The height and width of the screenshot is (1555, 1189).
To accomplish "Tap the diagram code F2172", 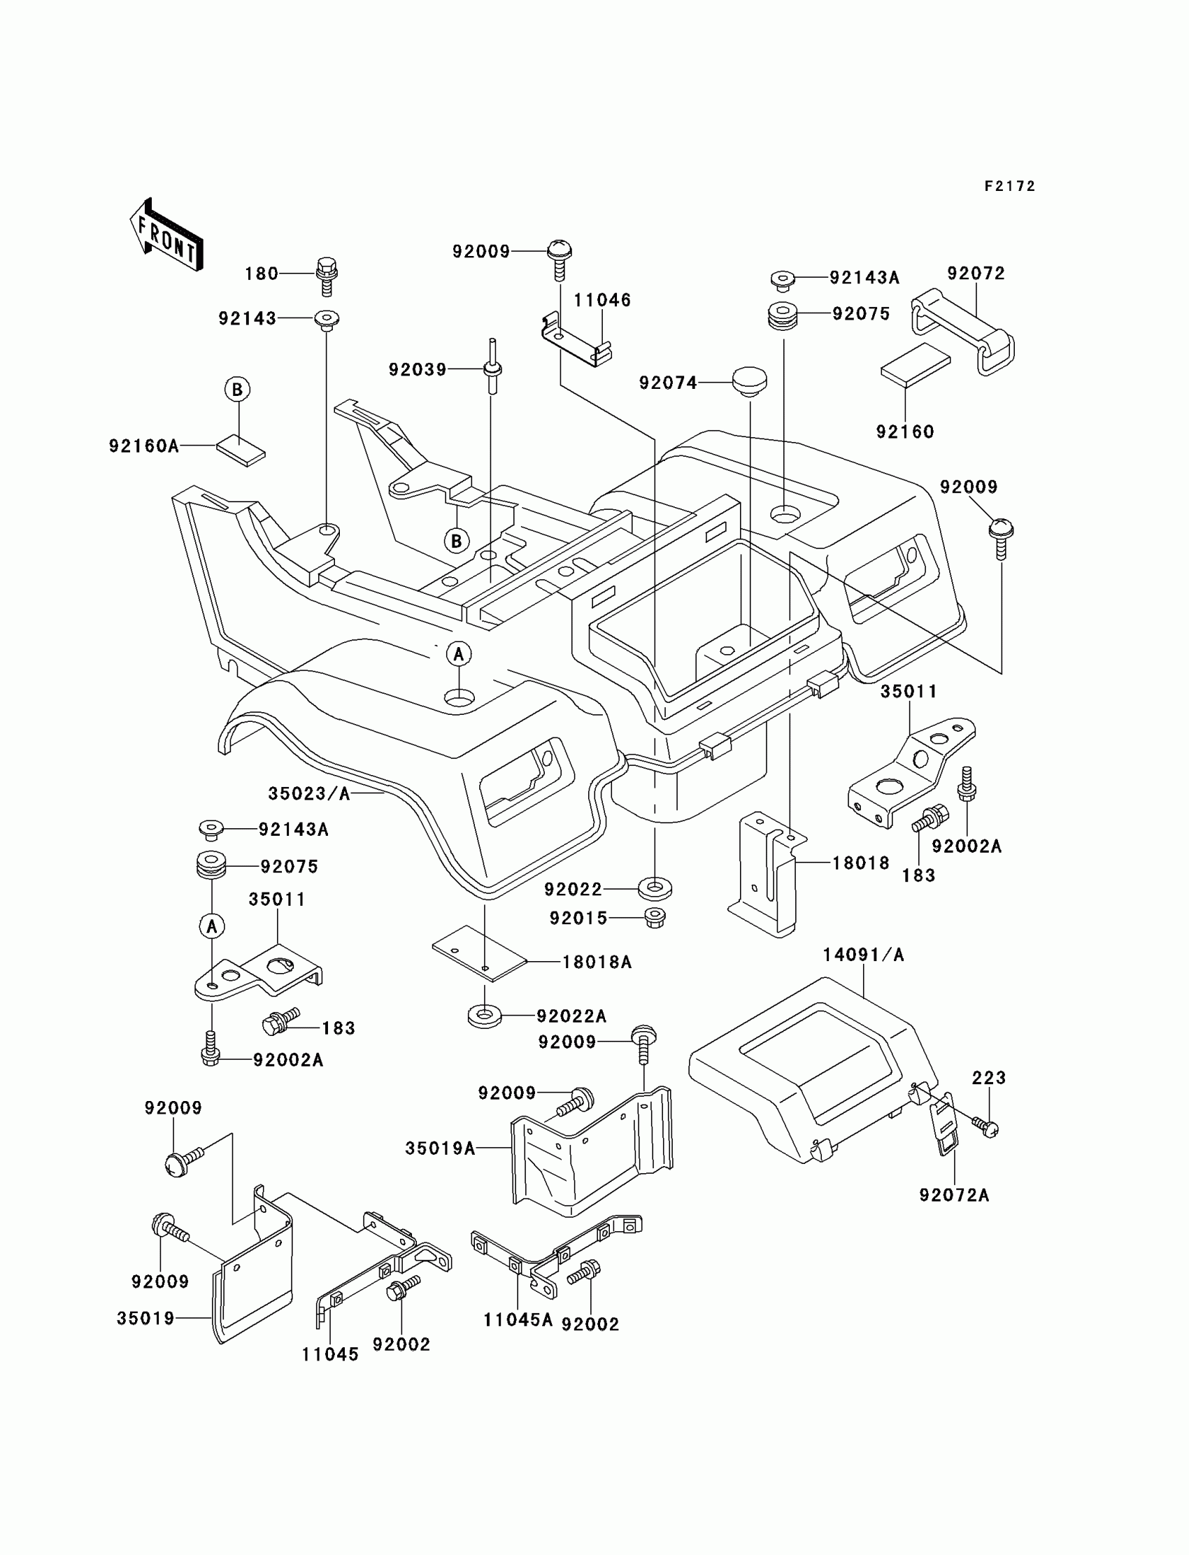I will [1009, 186].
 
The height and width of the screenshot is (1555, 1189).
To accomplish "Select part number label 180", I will [261, 274].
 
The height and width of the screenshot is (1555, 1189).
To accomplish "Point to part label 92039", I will [417, 369].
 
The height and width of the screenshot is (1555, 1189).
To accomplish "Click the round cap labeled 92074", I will [749, 381].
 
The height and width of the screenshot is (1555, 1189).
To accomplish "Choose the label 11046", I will [601, 300].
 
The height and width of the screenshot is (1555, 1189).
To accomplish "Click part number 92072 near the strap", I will [976, 274].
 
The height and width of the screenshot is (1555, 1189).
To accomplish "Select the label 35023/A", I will [308, 794].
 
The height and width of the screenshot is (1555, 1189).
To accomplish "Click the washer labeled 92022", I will [655, 888].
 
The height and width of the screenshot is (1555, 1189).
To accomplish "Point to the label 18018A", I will [597, 962].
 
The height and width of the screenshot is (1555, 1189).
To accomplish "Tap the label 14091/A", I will [863, 955].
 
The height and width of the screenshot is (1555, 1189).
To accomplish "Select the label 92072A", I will [953, 1195].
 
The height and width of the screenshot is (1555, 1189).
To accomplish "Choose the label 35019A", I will [439, 1149].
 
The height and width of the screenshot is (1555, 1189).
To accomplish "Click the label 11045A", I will [518, 1320].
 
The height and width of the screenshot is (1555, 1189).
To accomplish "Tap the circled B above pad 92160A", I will [237, 390].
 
